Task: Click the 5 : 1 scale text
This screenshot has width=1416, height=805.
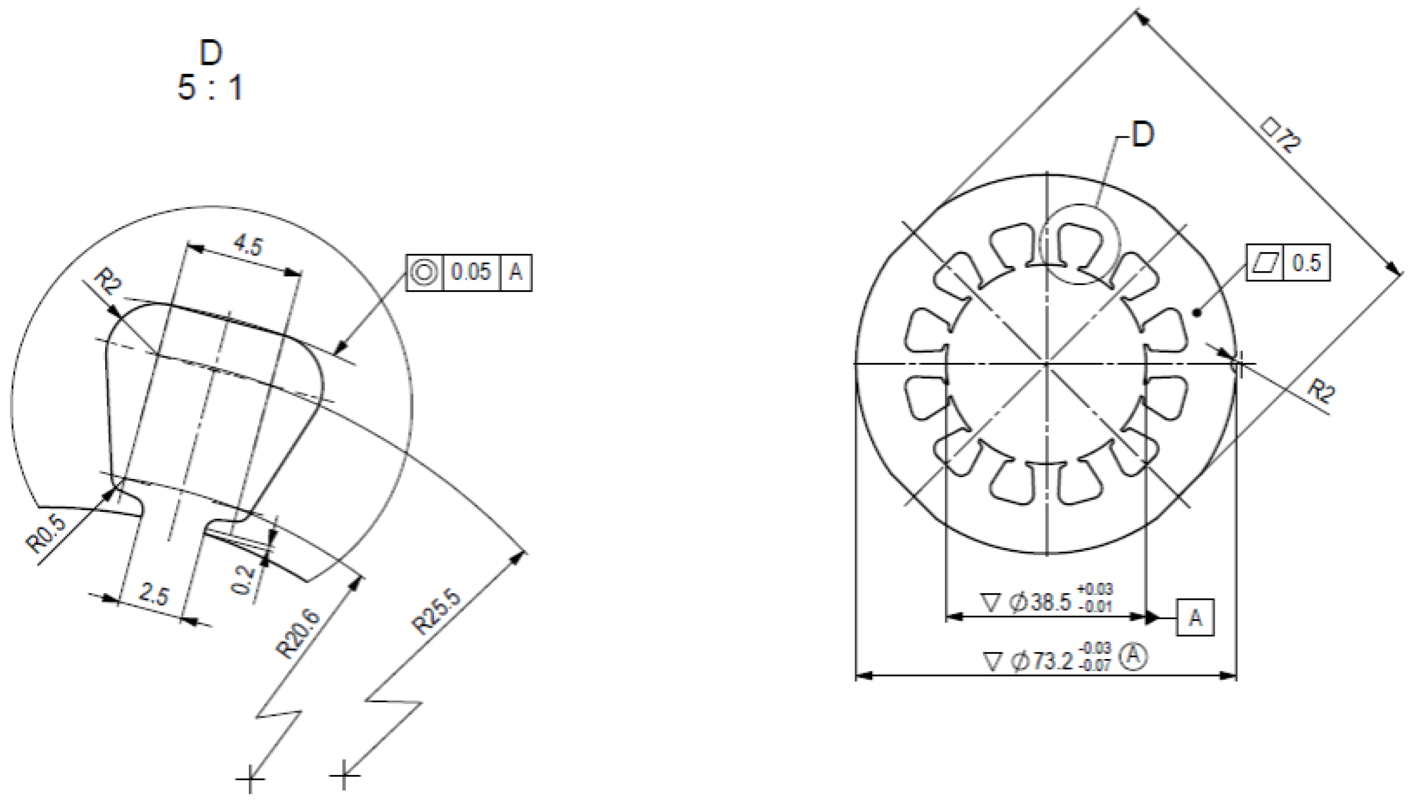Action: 210,88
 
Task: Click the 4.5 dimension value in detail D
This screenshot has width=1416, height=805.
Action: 248,245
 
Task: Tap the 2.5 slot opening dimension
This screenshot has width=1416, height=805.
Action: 154,596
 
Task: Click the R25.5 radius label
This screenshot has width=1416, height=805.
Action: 436,612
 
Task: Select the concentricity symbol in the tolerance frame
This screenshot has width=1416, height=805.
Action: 424,273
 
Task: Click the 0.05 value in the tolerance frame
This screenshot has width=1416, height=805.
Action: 470,273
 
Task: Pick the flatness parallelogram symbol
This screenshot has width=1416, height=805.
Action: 1265,263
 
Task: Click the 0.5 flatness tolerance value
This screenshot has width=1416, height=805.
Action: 1306,263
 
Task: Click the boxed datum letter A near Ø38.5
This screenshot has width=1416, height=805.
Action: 1196,618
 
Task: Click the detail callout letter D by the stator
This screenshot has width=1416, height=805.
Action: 1143,136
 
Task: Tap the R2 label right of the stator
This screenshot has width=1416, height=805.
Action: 1321,392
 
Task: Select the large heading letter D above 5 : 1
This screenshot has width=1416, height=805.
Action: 210,53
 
